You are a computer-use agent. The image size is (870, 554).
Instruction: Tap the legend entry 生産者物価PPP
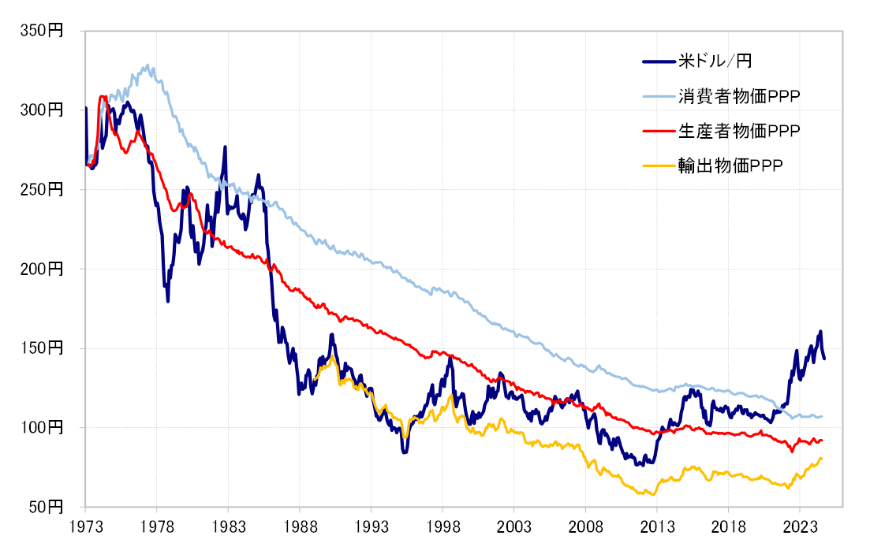(738, 131)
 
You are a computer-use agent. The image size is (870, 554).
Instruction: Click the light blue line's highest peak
(147, 65)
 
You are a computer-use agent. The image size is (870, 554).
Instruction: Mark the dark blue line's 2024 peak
(820, 331)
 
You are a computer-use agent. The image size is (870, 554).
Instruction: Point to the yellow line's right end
(822, 459)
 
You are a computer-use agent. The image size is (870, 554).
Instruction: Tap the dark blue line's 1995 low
(404, 452)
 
